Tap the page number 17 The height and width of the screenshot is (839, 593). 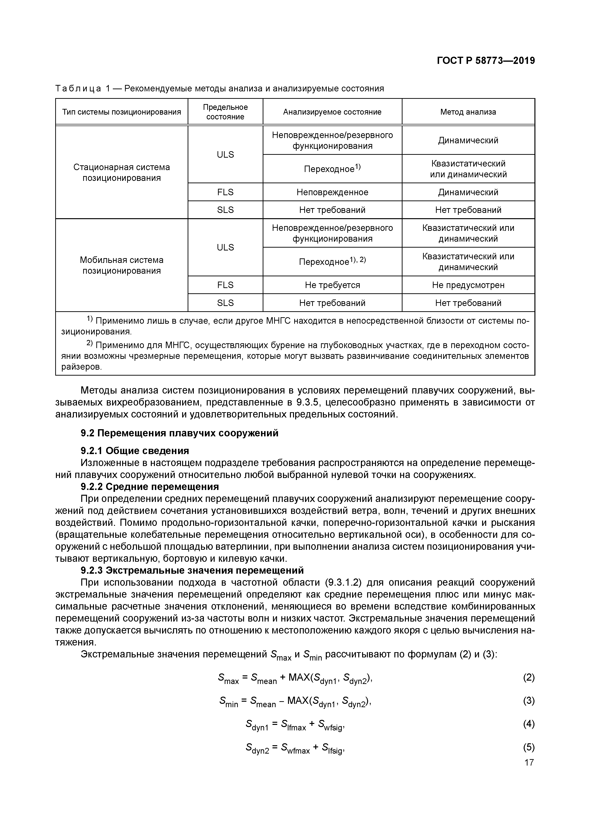[x=529, y=763]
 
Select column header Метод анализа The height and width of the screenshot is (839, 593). [x=468, y=112]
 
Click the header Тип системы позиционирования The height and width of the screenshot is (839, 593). [x=122, y=112]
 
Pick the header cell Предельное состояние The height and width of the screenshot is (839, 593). [x=225, y=112]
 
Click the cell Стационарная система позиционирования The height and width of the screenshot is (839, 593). [x=122, y=172]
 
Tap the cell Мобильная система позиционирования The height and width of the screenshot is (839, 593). [x=122, y=265]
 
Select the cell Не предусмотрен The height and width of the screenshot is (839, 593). [x=468, y=285]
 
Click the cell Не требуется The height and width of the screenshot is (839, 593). [x=332, y=285]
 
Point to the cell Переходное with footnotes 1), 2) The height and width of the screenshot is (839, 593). [x=332, y=262]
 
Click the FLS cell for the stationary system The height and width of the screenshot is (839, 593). [x=225, y=192]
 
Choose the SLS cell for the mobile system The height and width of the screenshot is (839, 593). [x=225, y=303]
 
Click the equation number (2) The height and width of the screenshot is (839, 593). [x=529, y=678]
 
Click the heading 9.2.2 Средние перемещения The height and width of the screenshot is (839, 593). [x=150, y=487]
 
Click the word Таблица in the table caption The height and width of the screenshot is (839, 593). [x=78, y=89]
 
